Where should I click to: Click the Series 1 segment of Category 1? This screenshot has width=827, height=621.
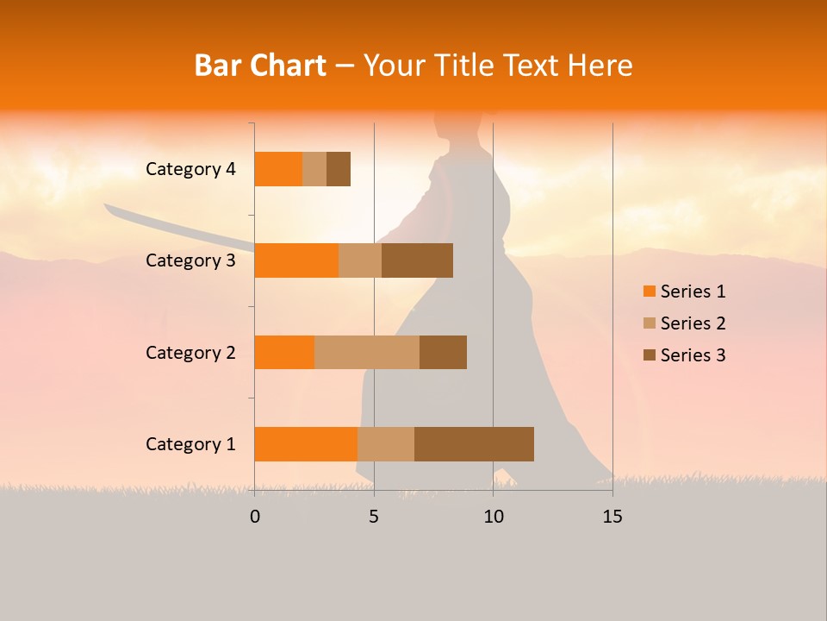[x=306, y=443]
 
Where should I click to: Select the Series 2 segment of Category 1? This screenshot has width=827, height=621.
[x=386, y=443]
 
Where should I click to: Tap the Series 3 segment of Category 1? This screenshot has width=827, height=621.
[x=474, y=443]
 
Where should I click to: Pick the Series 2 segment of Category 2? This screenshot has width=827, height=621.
[x=367, y=352]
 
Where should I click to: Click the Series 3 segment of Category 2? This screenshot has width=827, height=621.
[x=443, y=352]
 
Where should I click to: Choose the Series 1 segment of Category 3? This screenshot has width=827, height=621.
[x=296, y=260]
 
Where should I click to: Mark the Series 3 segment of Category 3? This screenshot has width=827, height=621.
[x=417, y=260]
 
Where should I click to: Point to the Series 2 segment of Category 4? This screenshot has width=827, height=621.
[x=314, y=169]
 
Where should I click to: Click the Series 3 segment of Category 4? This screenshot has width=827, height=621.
[x=339, y=169]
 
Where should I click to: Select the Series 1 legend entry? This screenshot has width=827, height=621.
[x=684, y=292]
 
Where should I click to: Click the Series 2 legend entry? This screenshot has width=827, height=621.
[x=684, y=323]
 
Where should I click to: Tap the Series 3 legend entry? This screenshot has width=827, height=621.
[x=684, y=355]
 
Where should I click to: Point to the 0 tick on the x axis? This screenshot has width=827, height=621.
[x=255, y=517]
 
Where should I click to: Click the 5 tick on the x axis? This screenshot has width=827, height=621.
[x=374, y=517]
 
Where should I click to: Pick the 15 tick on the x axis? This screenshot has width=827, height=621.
[x=612, y=517]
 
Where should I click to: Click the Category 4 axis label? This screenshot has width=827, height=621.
[x=190, y=169]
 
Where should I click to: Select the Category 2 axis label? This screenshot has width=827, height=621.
[x=190, y=352]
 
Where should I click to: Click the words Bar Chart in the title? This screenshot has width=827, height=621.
[x=260, y=66]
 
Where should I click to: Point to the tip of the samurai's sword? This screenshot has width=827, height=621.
[x=106, y=206]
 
